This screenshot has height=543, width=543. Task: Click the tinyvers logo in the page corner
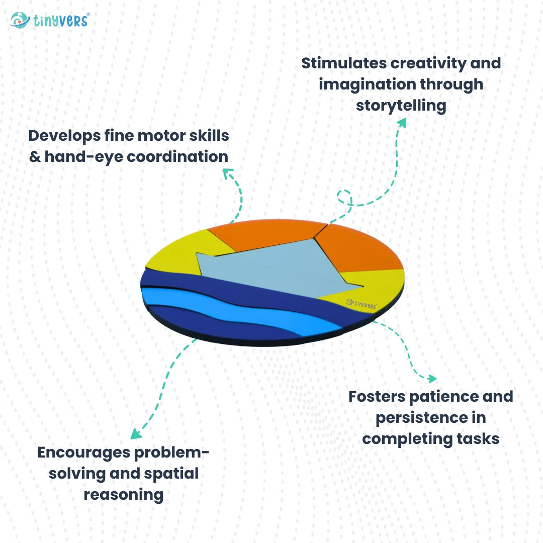49,20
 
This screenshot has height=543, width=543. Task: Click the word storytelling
401,106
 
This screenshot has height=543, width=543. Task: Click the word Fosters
377,396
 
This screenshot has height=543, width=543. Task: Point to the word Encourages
84,452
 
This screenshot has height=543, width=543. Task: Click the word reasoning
123,494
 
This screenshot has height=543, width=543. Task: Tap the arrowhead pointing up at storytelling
402,123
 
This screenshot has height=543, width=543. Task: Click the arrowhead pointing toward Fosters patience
431,378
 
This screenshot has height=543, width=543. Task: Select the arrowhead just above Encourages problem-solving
135,433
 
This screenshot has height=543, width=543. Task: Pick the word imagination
368,84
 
